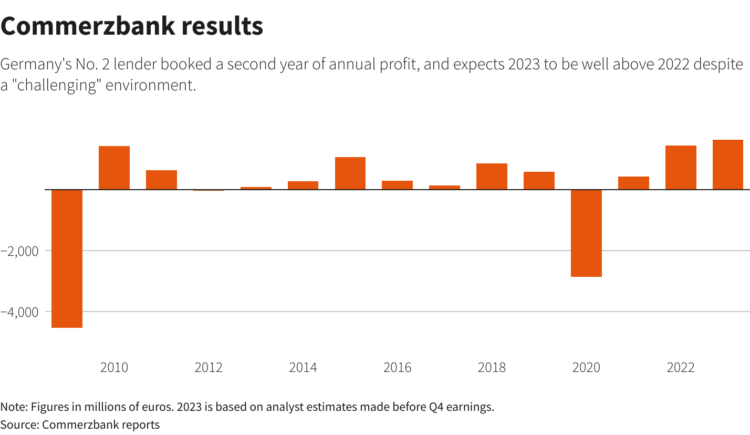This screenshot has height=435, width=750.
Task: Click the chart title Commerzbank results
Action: click(x=131, y=26)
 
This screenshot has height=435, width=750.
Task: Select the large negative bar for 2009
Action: click(x=67, y=258)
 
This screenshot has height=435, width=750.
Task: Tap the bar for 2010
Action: click(x=114, y=168)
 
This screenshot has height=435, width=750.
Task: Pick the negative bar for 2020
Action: click(x=586, y=233)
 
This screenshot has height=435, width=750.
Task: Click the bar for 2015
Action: click(x=350, y=173)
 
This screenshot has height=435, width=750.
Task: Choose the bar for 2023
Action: click(x=728, y=164)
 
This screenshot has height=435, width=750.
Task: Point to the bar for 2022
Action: click(x=681, y=167)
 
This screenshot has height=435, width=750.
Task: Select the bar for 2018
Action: click(x=492, y=176)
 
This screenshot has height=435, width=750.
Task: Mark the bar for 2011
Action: click(x=161, y=180)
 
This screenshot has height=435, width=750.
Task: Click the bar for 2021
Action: click(x=633, y=183)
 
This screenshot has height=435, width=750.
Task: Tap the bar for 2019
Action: click(x=539, y=180)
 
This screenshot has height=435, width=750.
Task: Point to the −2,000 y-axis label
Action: click(x=19, y=251)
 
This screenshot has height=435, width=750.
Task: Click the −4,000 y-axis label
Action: click(x=19, y=312)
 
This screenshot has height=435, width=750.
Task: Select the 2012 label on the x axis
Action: click(x=209, y=367)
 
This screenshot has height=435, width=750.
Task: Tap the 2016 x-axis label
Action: click(x=398, y=367)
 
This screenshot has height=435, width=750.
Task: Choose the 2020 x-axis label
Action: click(x=586, y=367)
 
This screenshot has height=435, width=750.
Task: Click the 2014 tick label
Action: click(x=303, y=367)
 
